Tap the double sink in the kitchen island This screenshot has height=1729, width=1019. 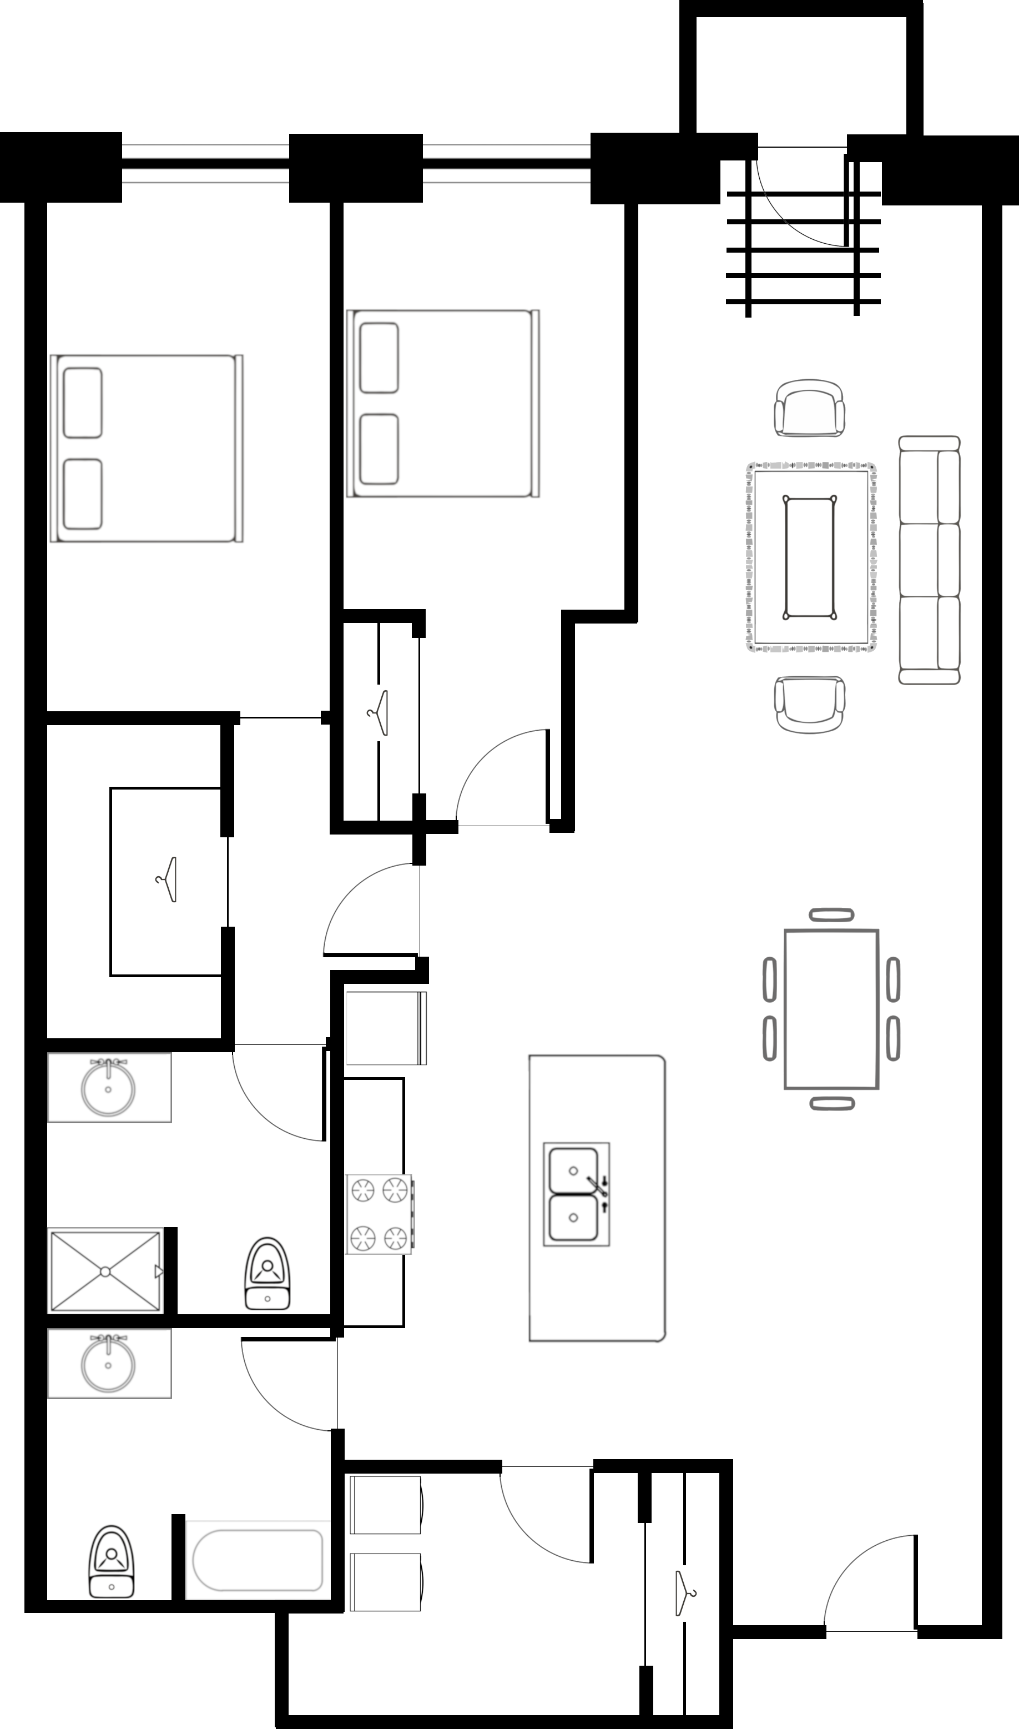pos(576,1194)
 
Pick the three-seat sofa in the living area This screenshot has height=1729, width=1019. pos(929,560)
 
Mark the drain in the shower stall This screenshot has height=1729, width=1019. pos(105,1271)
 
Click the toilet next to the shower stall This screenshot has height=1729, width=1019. pos(267,1274)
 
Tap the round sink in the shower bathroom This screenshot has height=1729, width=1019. pos(108,1089)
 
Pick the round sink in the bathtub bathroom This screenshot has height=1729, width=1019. pos(108,1364)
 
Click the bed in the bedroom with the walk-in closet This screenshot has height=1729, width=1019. pos(147,449)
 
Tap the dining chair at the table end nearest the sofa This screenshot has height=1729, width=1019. pos(831,915)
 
